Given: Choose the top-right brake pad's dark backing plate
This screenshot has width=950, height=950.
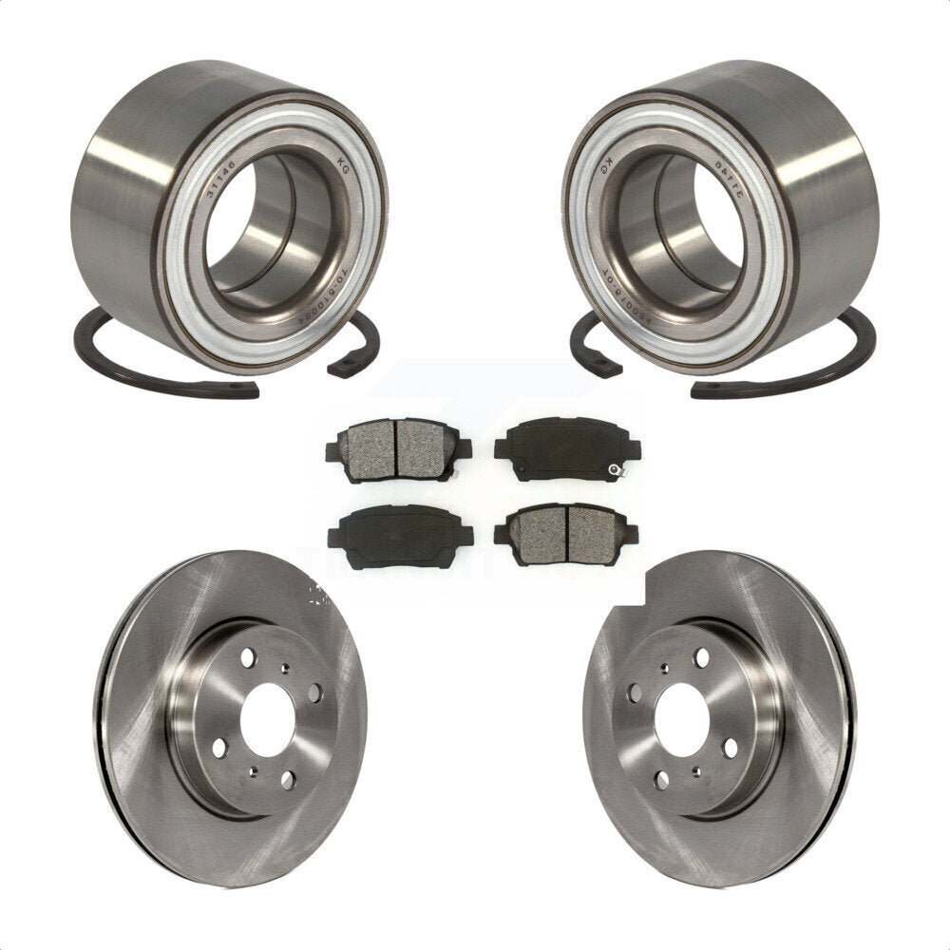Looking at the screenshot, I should (560, 446).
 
